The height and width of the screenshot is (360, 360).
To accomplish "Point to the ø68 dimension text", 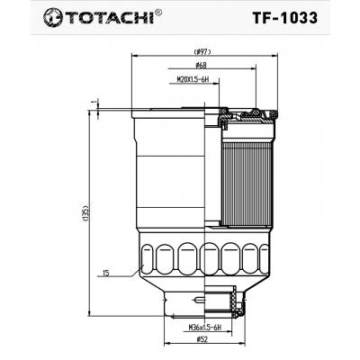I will click(x=202, y=66).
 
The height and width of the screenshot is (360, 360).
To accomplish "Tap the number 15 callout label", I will click(x=105, y=273).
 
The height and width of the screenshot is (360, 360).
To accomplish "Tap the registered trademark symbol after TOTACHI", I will click(x=159, y=11).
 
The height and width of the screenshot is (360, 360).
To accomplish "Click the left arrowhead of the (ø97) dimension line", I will click(x=128, y=58).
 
